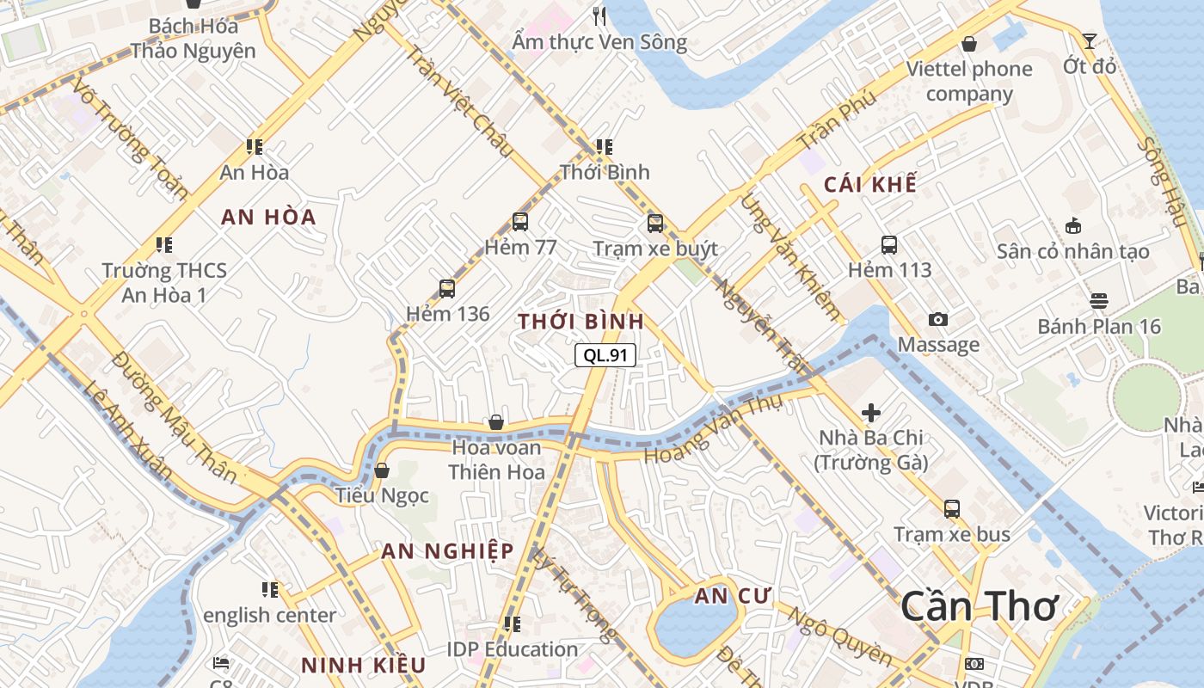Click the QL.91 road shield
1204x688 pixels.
pyautogui.click(x=605, y=354)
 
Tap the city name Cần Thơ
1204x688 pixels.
pyautogui.click(x=979, y=606)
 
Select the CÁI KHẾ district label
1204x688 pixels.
pyautogui.click(x=869, y=185)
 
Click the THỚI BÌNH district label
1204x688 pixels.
pyautogui.click(x=580, y=322)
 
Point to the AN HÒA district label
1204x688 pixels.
pyautogui.click(x=268, y=217)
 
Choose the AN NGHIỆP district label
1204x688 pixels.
pyautogui.click(x=447, y=551)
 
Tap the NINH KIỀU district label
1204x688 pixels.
pyautogui.click(x=363, y=665)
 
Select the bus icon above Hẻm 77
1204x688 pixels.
pyautogui.click(x=520, y=222)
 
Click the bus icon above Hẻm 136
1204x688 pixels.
pyautogui.click(x=447, y=288)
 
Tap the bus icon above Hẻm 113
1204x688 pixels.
pyautogui.click(x=889, y=245)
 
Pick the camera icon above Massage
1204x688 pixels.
pyautogui.click(x=938, y=320)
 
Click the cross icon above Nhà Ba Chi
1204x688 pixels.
pyautogui.click(x=871, y=413)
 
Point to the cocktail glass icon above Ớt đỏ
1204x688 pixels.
pyautogui.click(x=1090, y=40)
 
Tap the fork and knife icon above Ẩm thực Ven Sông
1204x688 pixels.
pyautogui.click(x=600, y=15)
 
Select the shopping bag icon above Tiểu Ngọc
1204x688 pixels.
pyautogui.click(x=382, y=470)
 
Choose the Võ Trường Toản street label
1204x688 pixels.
pyautogui.click(x=131, y=138)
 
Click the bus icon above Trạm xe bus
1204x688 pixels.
pyautogui.click(x=952, y=508)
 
